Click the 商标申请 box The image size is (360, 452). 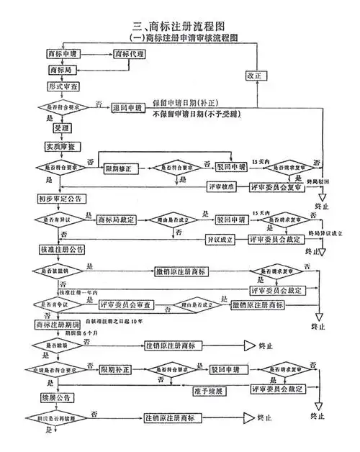[63, 54]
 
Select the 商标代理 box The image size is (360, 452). [135, 54]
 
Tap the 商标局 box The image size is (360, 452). [63, 71]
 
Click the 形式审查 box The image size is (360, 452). [63, 87]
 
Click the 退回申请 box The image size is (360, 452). [129, 108]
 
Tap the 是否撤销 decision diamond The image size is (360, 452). [60, 271]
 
